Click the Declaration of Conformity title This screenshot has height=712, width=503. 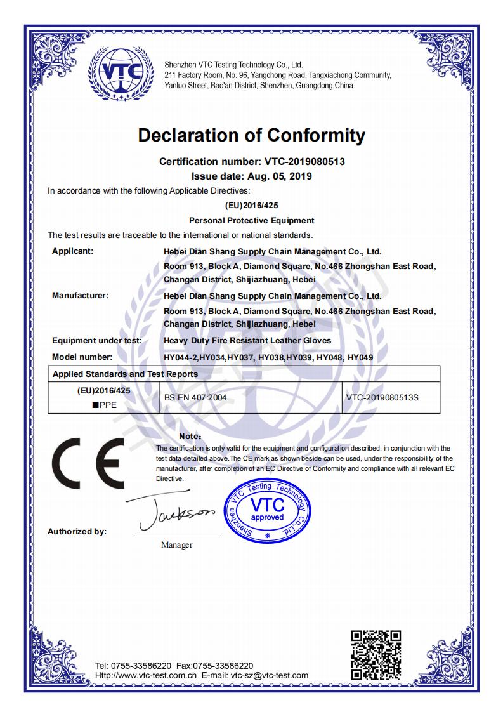(251, 135)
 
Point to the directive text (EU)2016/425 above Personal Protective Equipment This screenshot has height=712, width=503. (251, 206)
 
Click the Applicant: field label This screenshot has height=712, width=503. (72, 251)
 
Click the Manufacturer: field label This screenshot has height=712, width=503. (80, 295)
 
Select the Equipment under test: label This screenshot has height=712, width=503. (96, 341)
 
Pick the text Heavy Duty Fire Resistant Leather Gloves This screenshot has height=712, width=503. (247, 341)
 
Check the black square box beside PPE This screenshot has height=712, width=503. (95, 405)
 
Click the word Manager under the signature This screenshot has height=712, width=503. (176, 544)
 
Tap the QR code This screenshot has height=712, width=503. (376, 655)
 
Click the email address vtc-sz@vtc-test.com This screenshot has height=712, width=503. (269, 675)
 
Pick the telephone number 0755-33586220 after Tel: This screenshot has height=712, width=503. (141, 666)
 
